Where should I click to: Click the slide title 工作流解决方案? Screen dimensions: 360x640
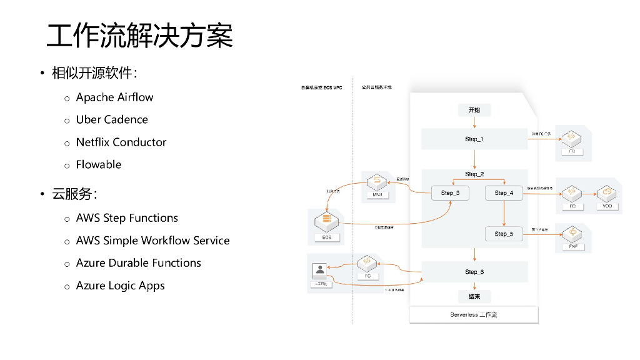click(x=140, y=36)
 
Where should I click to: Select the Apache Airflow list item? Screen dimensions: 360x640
click(x=114, y=97)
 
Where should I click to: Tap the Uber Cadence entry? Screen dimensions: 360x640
click(x=112, y=120)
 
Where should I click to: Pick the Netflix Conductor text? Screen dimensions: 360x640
click(x=121, y=142)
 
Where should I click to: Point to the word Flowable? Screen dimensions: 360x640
click(x=99, y=165)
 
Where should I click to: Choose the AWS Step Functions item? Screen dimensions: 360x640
click(x=127, y=218)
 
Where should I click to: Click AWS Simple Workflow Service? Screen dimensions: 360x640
click(x=152, y=241)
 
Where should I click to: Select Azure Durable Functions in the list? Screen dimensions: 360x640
click(x=138, y=263)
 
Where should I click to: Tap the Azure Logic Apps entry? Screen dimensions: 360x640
click(x=120, y=286)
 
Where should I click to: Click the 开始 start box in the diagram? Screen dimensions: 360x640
click(x=474, y=111)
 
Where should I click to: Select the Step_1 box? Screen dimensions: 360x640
click(x=474, y=139)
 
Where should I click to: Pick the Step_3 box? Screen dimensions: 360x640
click(x=450, y=193)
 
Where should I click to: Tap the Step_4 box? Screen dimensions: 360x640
click(x=504, y=193)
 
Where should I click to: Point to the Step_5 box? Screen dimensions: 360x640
click(x=504, y=234)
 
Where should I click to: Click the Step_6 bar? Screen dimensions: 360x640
click(x=474, y=272)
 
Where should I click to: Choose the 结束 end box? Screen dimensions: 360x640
click(x=474, y=297)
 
